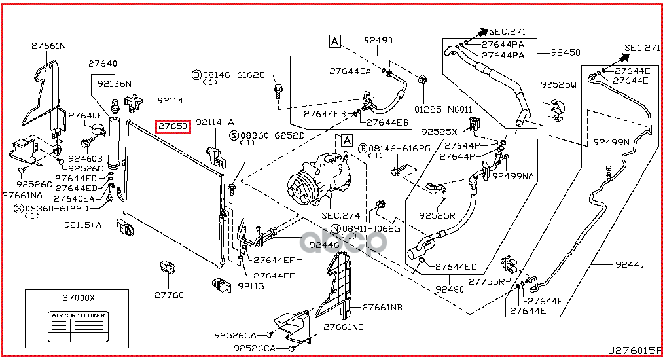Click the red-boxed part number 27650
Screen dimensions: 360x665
172,126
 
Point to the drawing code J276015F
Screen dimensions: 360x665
634,350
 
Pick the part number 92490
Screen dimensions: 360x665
378,41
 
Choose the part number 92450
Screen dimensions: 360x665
566,52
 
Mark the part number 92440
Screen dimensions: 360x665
630,264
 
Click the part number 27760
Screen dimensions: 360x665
169,295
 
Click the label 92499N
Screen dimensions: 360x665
611,142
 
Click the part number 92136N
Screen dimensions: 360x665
115,84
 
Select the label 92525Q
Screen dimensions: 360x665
558,85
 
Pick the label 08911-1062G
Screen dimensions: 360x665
375,228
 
